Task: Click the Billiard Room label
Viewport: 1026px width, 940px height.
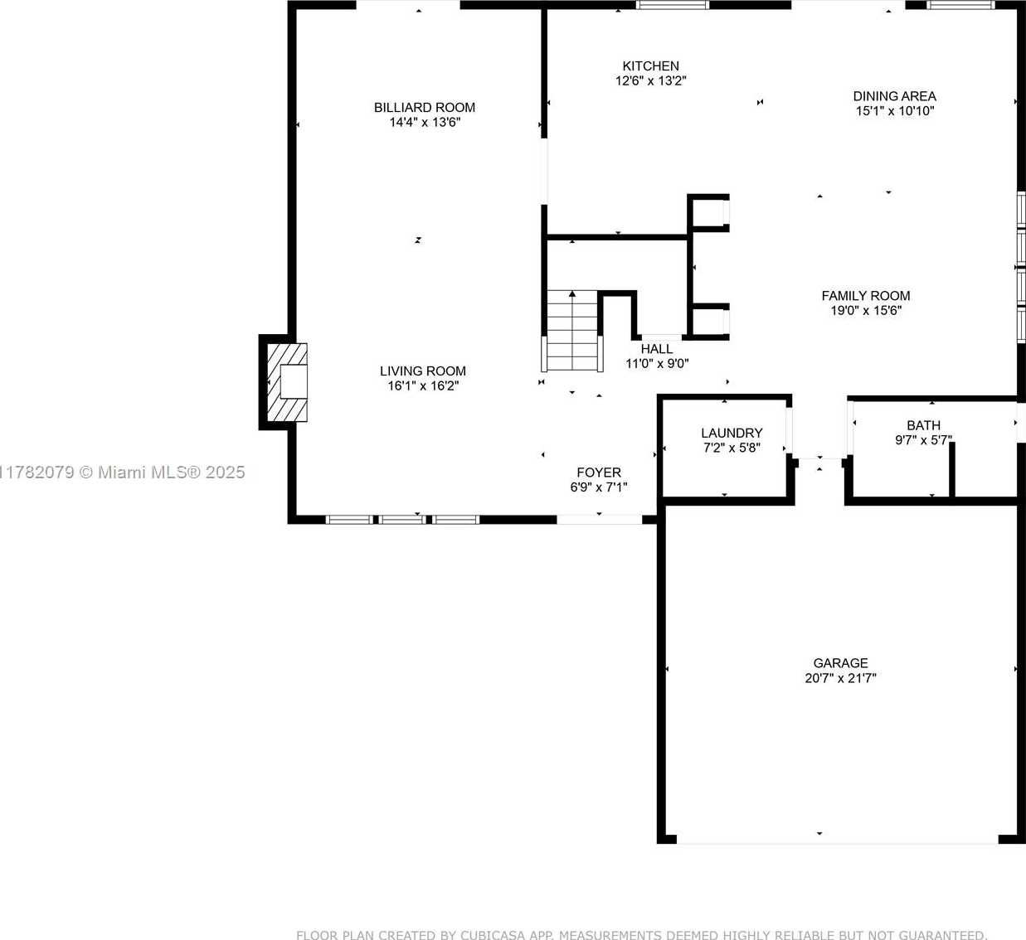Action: [x=425, y=107]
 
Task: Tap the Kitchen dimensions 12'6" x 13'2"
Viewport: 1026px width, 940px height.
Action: [x=650, y=80]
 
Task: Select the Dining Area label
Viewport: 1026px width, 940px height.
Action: [x=895, y=96]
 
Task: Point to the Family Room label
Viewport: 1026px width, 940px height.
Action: [x=866, y=295]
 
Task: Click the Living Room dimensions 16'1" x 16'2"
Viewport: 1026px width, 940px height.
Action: [x=423, y=385]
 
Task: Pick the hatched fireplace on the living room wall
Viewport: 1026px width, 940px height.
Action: [x=288, y=382]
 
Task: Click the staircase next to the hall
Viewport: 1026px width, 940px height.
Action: [x=572, y=331]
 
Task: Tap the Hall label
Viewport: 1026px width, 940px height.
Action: [x=657, y=349]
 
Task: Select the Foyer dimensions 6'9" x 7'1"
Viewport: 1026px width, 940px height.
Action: [x=599, y=487]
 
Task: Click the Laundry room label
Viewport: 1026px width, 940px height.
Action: [x=732, y=433]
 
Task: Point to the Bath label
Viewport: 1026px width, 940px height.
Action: [x=924, y=425]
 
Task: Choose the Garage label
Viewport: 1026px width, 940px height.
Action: [x=841, y=663]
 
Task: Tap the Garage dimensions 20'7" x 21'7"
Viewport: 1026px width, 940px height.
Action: [x=841, y=678]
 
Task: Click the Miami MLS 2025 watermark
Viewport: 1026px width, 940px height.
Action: [x=122, y=472]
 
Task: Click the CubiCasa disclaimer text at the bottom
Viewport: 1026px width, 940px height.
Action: [x=642, y=934]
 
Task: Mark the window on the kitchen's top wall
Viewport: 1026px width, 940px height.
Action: [x=673, y=5]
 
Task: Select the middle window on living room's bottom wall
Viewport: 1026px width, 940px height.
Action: [x=401, y=520]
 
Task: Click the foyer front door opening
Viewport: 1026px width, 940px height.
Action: [x=600, y=520]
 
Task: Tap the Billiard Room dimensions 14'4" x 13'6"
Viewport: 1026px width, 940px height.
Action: [x=425, y=122]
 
